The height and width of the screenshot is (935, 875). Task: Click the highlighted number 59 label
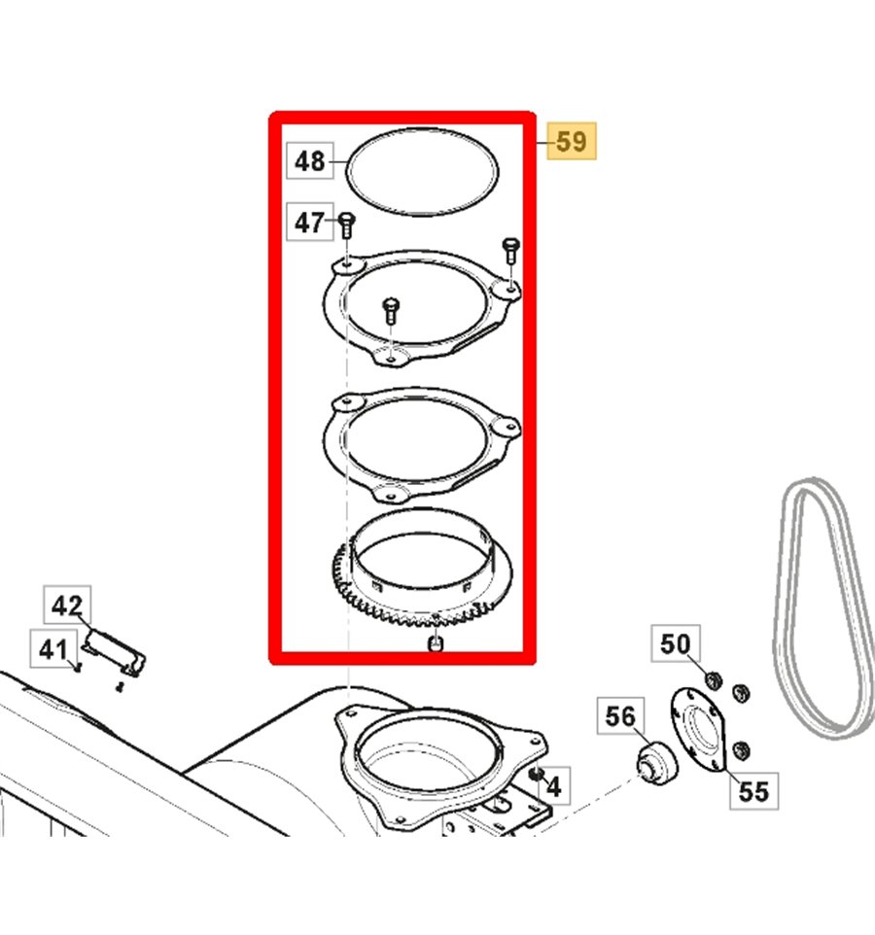point(571,142)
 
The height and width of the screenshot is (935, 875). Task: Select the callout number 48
point(309,160)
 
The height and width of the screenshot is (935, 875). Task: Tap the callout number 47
point(309,224)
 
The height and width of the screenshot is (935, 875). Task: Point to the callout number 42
point(67,606)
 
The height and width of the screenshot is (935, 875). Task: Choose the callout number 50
point(675,643)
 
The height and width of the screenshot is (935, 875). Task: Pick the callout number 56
point(619,717)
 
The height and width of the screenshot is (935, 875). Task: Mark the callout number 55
point(752,791)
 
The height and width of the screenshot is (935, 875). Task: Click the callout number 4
point(553,785)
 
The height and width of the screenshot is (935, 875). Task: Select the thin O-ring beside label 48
point(421,173)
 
